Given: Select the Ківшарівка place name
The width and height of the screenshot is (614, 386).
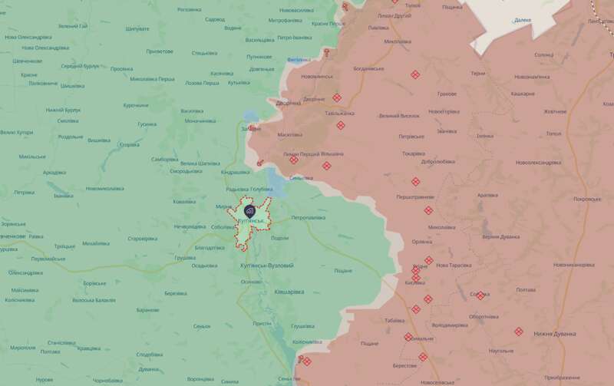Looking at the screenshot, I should tap(289, 292).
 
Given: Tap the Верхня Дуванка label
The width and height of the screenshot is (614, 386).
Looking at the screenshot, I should tap(501, 237).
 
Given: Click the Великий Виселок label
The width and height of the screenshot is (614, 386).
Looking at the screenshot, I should tap(399, 116).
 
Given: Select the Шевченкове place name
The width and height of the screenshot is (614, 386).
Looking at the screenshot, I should tap(27, 61).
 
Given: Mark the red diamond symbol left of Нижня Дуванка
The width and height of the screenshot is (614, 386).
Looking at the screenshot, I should tap(519, 332).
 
